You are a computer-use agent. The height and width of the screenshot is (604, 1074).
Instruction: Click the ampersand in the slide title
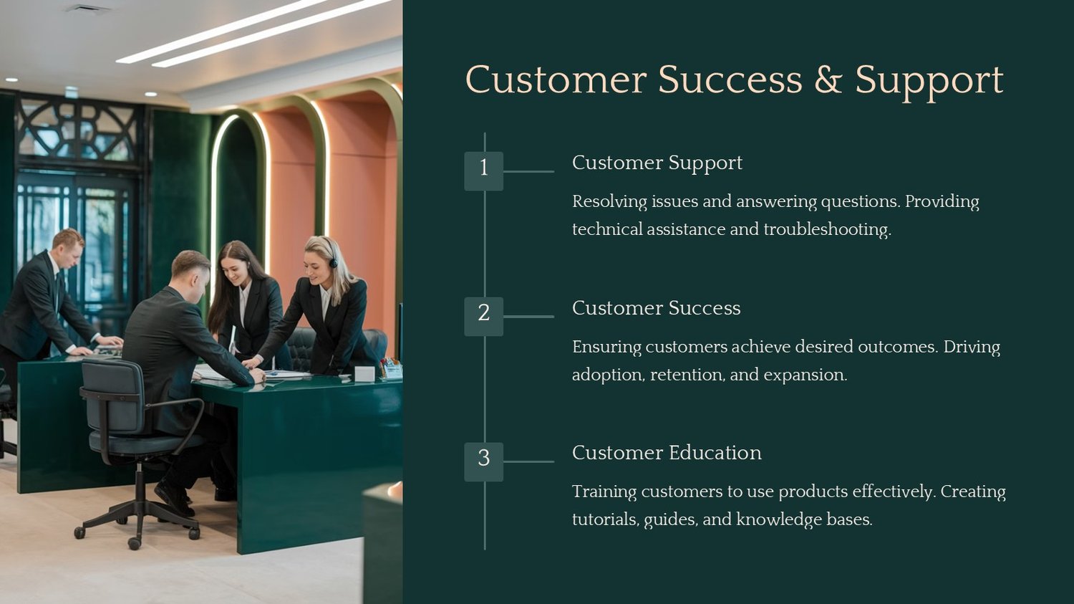point(828,80)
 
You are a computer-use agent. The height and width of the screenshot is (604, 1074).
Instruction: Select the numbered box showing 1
point(484,171)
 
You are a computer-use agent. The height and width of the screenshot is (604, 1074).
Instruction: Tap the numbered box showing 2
point(484,317)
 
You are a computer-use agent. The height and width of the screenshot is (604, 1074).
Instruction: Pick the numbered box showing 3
point(484,462)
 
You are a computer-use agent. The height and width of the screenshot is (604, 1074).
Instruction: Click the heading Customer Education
point(667,453)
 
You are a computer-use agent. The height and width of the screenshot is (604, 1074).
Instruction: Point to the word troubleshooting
point(827,230)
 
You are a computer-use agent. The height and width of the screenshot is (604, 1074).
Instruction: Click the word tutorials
point(606,519)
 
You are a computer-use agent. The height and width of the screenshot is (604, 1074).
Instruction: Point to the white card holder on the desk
point(364,374)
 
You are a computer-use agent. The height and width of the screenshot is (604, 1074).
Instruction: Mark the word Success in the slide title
point(730,80)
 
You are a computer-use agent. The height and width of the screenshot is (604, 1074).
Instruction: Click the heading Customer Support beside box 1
point(657,163)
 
